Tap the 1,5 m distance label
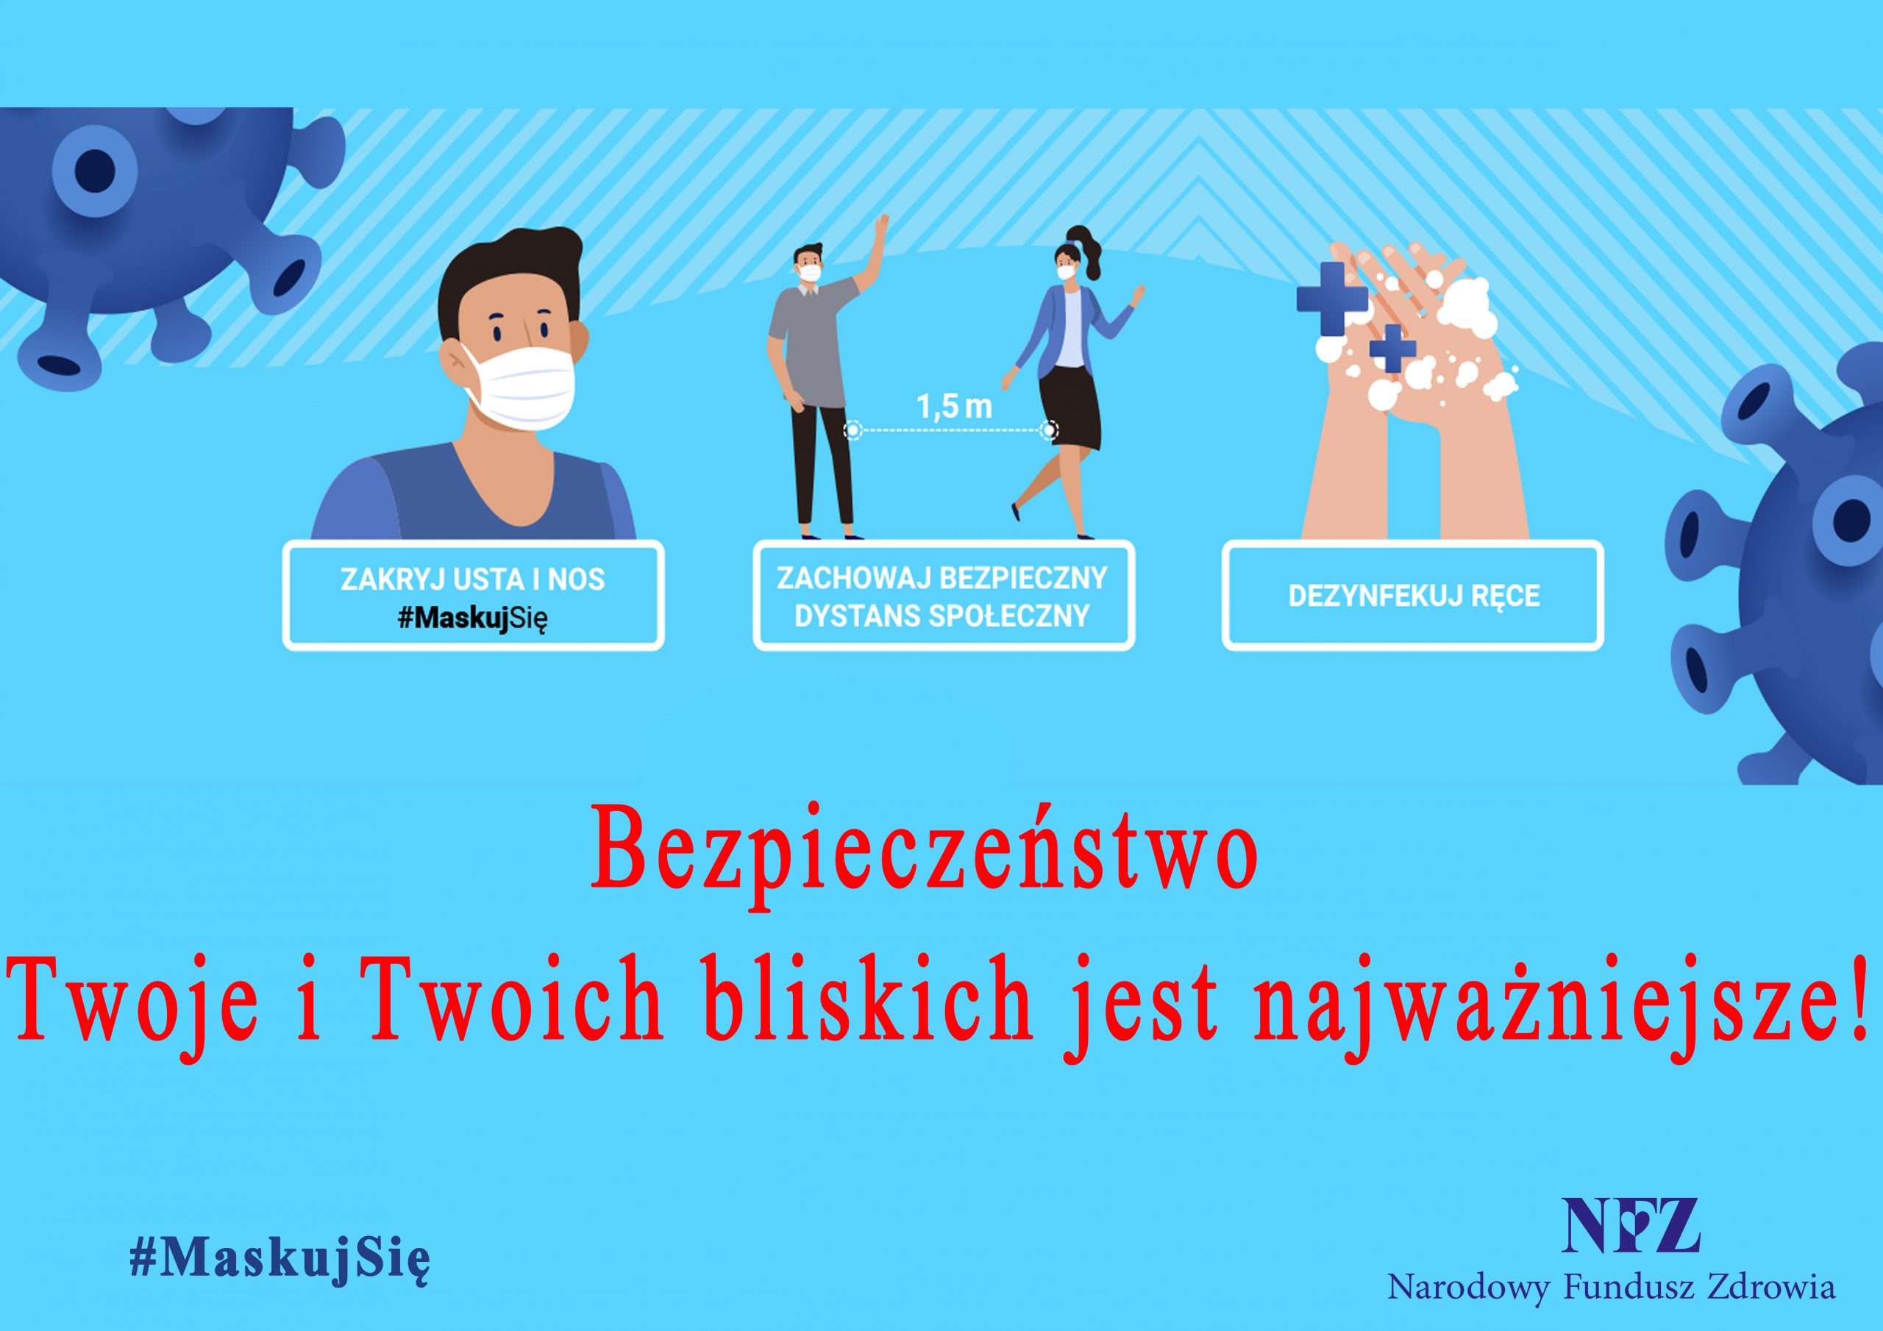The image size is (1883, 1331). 954,407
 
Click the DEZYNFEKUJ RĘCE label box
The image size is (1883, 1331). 1412,596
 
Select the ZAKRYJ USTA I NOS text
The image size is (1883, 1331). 472,579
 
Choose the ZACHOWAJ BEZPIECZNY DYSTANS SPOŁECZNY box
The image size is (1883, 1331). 943,596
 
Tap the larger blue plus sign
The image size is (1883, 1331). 1332,299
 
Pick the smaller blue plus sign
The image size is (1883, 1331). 1392,349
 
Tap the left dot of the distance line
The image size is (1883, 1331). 854,429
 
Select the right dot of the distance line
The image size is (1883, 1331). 1048,429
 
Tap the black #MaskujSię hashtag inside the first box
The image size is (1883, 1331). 472,618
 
